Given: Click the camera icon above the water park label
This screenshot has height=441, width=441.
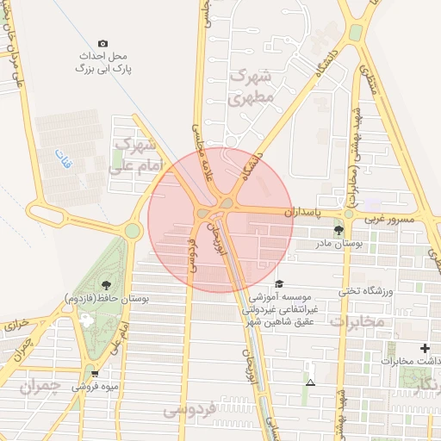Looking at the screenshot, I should point(103,43).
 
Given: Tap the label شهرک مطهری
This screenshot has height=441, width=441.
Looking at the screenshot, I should point(251,88).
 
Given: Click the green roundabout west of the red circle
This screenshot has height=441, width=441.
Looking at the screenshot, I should point(132,230).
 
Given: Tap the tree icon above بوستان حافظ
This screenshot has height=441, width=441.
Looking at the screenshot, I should point(106,284).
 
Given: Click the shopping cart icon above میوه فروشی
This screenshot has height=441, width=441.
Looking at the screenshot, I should point(95,373).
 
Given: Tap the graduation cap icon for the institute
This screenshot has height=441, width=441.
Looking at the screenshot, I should point(278,283).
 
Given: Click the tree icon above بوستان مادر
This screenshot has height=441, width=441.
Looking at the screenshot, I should point(338,230).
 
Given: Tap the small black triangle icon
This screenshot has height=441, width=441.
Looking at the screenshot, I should point(310,382).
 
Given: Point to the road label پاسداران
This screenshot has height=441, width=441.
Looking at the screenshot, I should point(303,210).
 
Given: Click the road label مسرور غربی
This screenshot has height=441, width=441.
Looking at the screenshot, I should point(388,220).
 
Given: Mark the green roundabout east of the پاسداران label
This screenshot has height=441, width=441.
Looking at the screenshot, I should point(349,214).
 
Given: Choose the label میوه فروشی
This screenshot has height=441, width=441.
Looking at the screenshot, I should point(95,387).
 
